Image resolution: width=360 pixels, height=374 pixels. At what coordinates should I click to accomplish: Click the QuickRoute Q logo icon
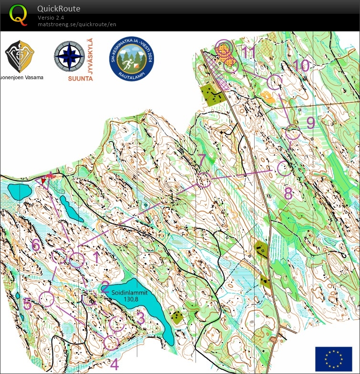18,15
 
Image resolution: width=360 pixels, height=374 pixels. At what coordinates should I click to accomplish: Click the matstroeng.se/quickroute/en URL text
77,24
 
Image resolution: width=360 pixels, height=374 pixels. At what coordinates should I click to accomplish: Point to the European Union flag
333,358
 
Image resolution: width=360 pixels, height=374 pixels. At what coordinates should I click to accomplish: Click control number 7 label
202,160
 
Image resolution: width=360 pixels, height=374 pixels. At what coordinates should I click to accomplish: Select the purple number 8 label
288,194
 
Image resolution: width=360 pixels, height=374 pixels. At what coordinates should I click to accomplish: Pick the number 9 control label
310,122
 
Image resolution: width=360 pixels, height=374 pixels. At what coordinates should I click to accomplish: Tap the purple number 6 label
36,245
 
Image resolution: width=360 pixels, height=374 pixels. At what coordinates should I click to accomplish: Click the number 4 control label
114,364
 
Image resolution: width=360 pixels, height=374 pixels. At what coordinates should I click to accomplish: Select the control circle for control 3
117,324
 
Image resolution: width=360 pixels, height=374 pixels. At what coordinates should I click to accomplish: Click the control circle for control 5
46,299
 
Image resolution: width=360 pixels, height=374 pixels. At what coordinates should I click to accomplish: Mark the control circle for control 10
275,82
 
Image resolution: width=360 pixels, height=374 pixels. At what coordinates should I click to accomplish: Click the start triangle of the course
45,181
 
